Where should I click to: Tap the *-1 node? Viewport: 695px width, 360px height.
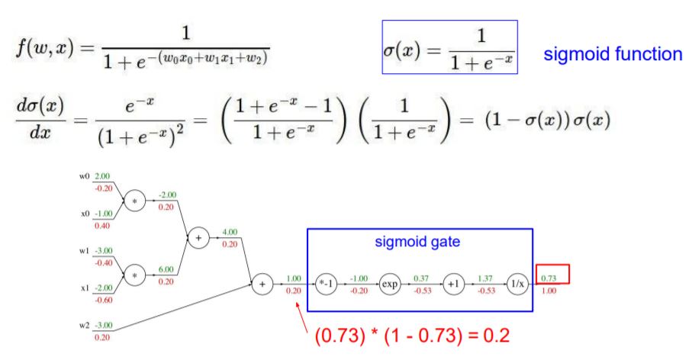[323, 284]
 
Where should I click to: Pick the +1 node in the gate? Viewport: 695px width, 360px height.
[451, 284]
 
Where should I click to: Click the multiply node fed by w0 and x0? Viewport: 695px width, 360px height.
[134, 201]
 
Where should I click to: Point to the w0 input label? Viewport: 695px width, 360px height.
[84, 177]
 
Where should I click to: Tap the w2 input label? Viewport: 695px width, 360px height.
[84, 325]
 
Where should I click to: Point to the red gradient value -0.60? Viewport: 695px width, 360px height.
[101, 299]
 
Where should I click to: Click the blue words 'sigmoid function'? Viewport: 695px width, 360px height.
[613, 54]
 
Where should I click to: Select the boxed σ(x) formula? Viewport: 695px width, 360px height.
[449, 47]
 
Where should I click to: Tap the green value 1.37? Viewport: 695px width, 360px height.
[483, 278]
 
